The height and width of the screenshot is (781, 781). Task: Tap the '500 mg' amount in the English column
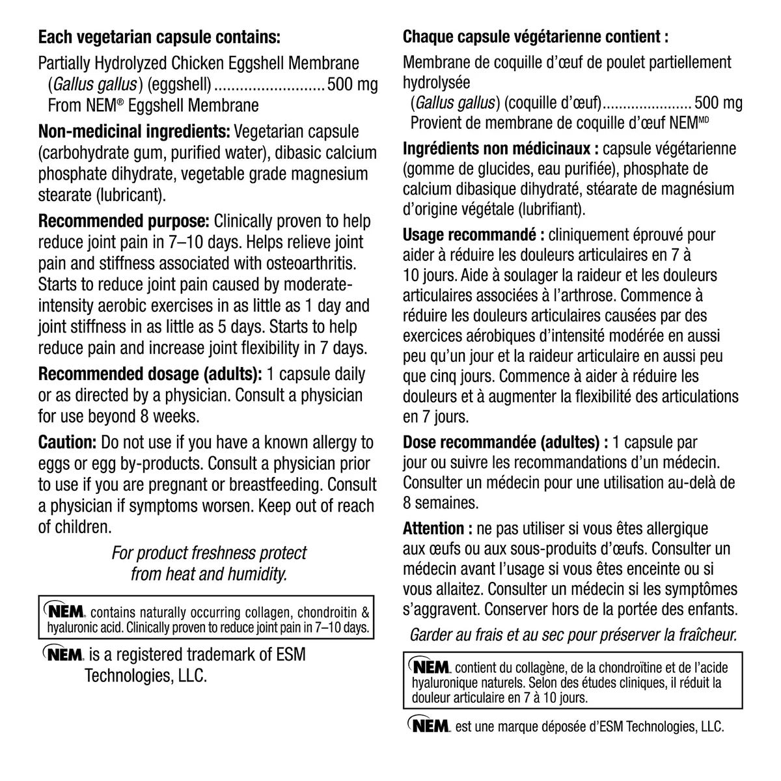click(x=352, y=85)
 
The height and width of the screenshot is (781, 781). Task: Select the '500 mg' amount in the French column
click(x=718, y=103)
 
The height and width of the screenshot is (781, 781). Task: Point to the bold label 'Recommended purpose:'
click(x=124, y=221)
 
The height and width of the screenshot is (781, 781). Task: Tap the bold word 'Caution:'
click(x=68, y=443)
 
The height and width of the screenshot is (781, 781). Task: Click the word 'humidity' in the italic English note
click(x=256, y=574)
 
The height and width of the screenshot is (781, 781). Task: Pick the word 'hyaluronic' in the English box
click(x=77, y=628)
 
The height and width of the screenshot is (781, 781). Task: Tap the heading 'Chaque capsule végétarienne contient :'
click(x=536, y=36)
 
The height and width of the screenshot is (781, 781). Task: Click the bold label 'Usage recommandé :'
click(x=474, y=234)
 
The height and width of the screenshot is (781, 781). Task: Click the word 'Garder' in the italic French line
click(x=431, y=635)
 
